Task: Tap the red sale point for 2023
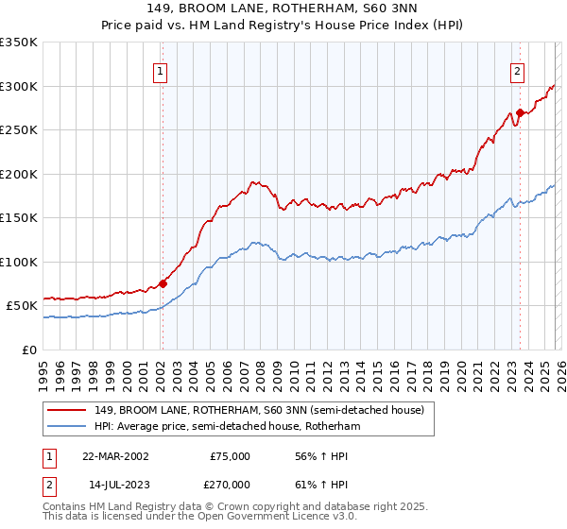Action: (520, 112)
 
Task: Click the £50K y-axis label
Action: (22, 306)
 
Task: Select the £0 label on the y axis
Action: (30, 350)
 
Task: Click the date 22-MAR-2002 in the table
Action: (115, 456)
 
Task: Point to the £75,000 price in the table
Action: (230, 456)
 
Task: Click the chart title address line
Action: (284, 11)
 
